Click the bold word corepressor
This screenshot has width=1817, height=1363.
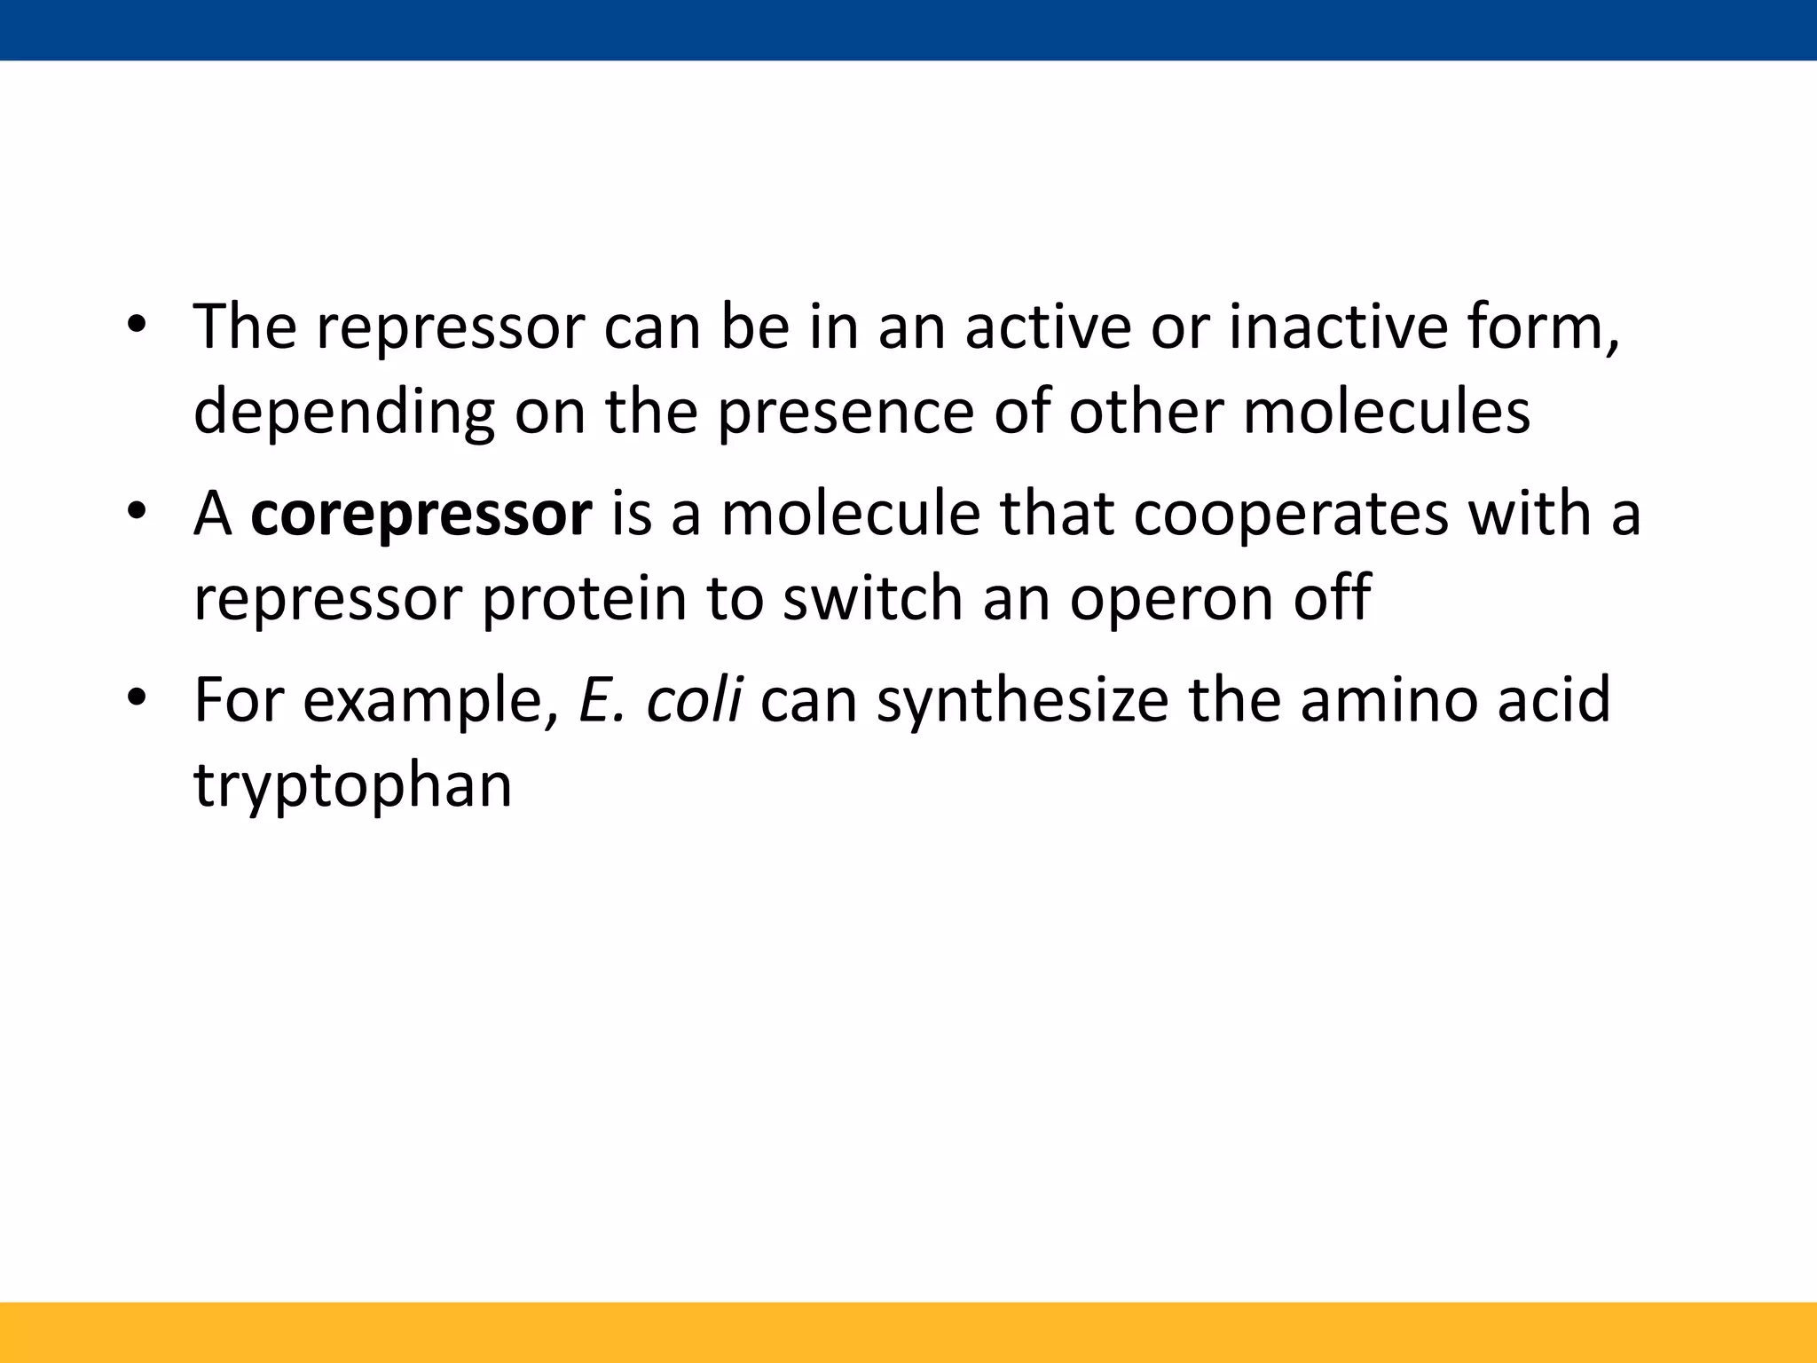[421, 515]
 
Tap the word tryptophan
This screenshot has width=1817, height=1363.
[352, 786]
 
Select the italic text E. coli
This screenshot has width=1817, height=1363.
[660, 699]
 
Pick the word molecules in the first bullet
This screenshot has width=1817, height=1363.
[1386, 412]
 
